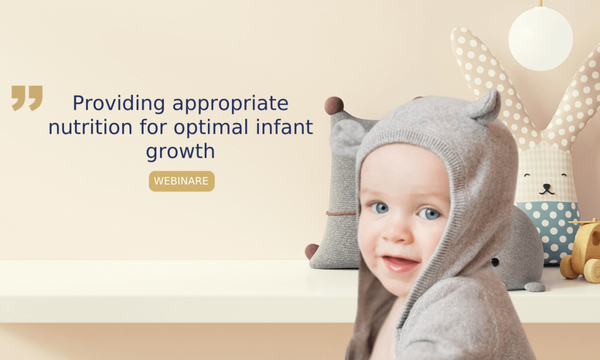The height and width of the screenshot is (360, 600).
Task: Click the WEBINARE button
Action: point(182,181)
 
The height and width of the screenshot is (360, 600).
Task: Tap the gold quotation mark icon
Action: point(27,98)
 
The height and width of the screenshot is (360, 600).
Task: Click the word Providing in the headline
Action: point(119,103)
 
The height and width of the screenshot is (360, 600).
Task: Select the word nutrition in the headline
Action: point(90,127)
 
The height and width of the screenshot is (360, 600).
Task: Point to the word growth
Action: point(180,151)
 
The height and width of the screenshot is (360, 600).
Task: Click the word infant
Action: point(284,127)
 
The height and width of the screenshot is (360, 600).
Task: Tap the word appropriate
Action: point(230,104)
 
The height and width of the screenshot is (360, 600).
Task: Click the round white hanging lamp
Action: point(540,39)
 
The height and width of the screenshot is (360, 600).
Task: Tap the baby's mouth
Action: point(400,263)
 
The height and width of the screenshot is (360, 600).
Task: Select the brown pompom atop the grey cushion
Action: point(334,106)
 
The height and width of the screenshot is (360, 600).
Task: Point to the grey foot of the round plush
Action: point(534,287)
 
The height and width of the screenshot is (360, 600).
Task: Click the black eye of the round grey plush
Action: point(495,262)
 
